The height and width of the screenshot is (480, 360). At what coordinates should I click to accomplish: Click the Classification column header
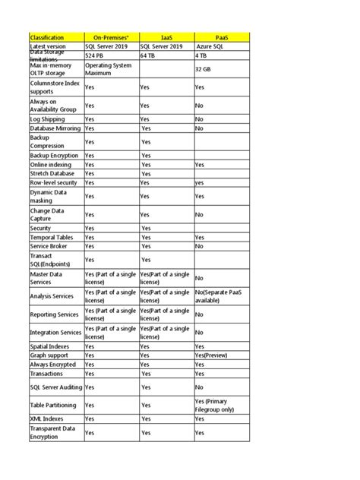click(x=46, y=37)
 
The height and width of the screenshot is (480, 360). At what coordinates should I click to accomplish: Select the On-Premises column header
click(x=111, y=37)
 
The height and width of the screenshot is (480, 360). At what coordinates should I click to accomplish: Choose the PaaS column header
click(x=221, y=37)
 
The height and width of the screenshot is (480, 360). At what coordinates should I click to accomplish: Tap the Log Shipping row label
click(x=48, y=119)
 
